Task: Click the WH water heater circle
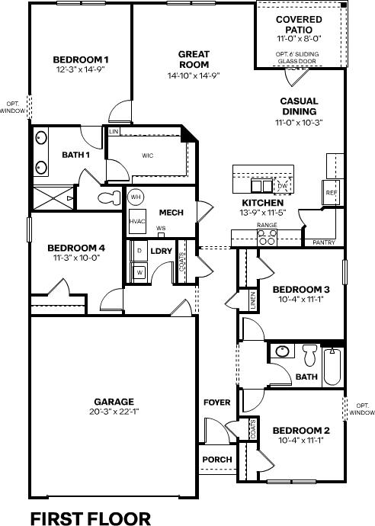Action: (136, 197)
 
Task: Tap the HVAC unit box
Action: (137, 221)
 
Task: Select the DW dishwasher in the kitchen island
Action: (283, 185)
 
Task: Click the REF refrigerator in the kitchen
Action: (331, 193)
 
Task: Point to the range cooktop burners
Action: (267, 237)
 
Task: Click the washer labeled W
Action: (139, 272)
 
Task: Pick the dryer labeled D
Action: (139, 251)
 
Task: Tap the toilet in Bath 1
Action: (110, 197)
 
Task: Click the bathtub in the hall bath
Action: (332, 367)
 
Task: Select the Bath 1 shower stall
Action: (53, 198)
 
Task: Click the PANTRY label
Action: (324, 242)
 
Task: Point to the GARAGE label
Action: (114, 402)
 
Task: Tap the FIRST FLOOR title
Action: (91, 518)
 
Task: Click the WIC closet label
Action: (148, 156)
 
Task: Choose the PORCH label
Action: (217, 459)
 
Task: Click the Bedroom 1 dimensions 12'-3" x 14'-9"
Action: (81, 69)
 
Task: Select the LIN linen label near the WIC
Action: (114, 131)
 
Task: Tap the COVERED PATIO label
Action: (299, 24)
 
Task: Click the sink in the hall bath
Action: (283, 351)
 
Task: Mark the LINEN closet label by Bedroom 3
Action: (253, 300)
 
